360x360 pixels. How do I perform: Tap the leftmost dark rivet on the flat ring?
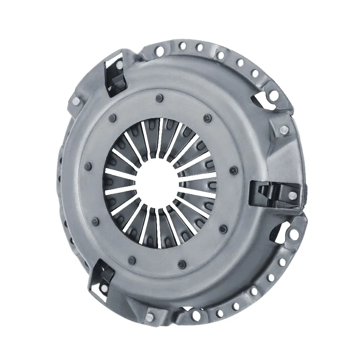[x=87, y=166]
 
